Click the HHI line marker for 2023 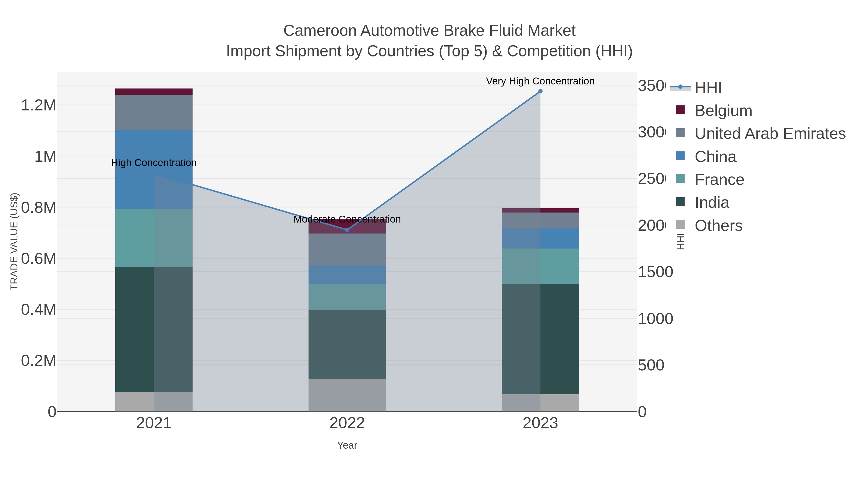pos(540,91)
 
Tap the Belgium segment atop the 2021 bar pos(154,92)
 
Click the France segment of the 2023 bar pos(540,266)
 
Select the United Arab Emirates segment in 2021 pos(154,112)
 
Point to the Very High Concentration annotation pos(540,81)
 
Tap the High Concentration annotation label pos(154,163)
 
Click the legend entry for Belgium pos(723,111)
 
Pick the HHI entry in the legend pos(708,88)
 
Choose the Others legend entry pos(718,226)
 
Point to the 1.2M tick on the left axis pos(38,105)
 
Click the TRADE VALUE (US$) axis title pos(14,241)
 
